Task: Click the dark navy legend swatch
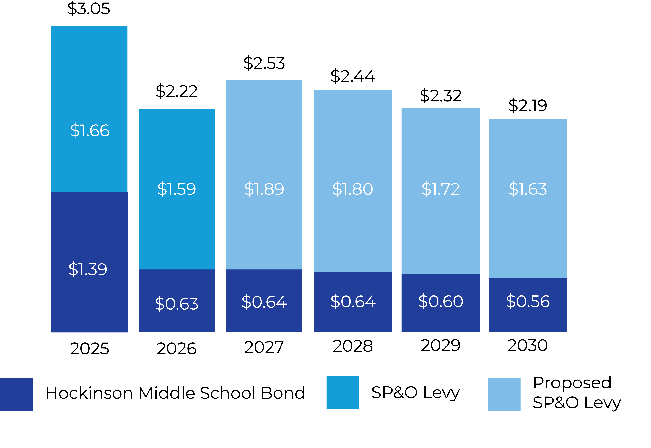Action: point(16,394)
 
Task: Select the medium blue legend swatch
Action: point(343,392)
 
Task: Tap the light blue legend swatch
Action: point(504,394)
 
